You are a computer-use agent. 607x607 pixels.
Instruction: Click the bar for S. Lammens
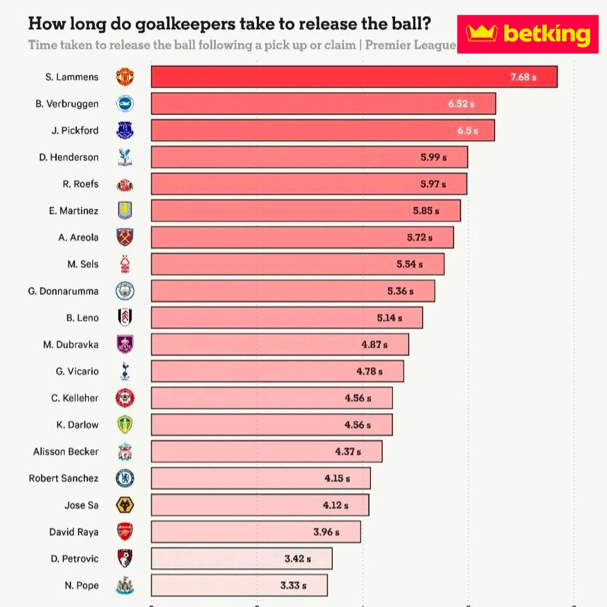click(x=354, y=77)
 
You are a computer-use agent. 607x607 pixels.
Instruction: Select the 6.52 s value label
click(x=461, y=104)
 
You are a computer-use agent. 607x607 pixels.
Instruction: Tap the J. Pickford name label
click(x=75, y=130)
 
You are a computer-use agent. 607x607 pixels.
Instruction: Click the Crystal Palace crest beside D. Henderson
click(x=125, y=157)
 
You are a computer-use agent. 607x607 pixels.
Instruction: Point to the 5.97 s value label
click(x=433, y=184)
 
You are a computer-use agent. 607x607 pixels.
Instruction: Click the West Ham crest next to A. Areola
click(x=125, y=237)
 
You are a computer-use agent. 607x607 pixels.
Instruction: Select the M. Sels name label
click(x=83, y=264)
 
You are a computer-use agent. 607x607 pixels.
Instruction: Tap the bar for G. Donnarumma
click(x=292, y=291)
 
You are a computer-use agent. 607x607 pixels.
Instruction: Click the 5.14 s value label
click(x=389, y=318)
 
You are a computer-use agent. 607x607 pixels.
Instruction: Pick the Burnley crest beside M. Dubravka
click(x=125, y=344)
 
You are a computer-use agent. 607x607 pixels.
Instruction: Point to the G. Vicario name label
click(x=77, y=371)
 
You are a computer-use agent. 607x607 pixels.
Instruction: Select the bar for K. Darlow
click(x=271, y=425)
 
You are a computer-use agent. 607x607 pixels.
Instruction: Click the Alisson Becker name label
click(x=66, y=451)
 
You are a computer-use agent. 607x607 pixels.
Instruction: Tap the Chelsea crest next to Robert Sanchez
click(x=125, y=478)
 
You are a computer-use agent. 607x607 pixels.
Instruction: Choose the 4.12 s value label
click(x=336, y=505)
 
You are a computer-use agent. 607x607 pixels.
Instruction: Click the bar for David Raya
click(x=256, y=532)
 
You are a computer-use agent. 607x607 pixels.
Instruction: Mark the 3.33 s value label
click(x=293, y=585)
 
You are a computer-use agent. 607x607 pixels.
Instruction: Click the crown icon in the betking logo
click(x=482, y=34)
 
